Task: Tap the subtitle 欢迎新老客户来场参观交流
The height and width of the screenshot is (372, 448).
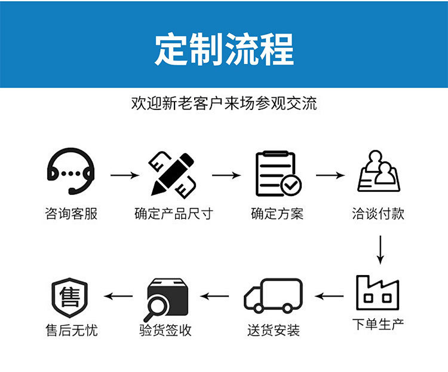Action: click(x=224, y=103)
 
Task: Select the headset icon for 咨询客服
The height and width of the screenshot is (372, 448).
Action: click(x=71, y=173)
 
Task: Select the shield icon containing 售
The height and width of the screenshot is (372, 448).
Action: click(x=70, y=297)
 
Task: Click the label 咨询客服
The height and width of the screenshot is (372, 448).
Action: click(x=71, y=214)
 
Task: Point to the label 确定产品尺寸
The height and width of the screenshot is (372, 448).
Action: click(x=173, y=214)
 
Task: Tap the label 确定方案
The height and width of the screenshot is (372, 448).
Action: click(x=277, y=214)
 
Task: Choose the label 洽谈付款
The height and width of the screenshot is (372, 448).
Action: click(x=378, y=214)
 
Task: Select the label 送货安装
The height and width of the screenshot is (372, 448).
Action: click(x=274, y=330)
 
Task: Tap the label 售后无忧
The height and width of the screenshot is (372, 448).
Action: click(x=71, y=330)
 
